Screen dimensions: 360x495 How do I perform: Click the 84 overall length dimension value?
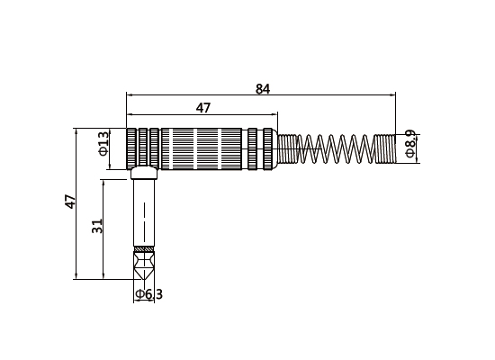point(263,88)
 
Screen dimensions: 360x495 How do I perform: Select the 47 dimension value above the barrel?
point(203,108)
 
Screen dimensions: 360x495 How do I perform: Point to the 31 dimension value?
point(98,227)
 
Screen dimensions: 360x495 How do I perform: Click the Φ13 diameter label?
point(103,144)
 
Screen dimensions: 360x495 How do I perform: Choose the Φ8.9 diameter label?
point(410,144)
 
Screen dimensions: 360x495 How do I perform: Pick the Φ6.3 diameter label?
point(148,293)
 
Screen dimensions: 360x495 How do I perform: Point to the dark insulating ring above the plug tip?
point(144,248)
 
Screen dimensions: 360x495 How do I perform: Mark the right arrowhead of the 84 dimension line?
point(392,94)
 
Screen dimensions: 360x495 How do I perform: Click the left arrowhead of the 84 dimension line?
point(130,94)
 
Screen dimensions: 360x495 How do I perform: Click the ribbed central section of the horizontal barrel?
point(203,148)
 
